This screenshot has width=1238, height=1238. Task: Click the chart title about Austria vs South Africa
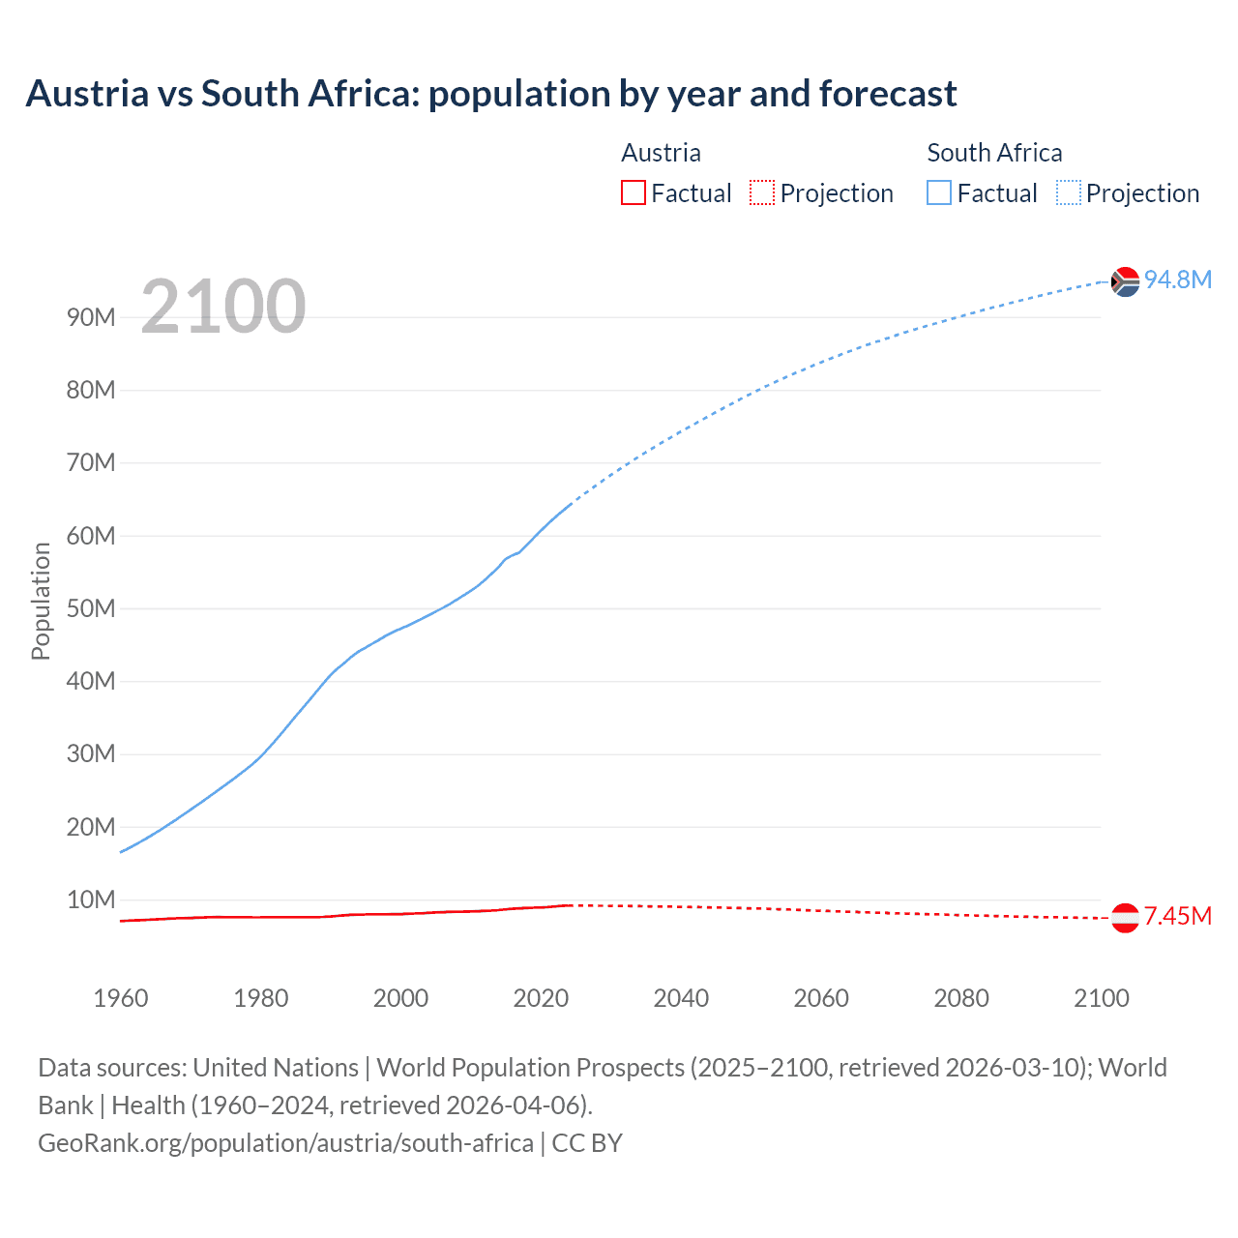pos(491,94)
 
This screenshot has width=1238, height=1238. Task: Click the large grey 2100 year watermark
pos(223,307)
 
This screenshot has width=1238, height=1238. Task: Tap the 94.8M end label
pos(1177,280)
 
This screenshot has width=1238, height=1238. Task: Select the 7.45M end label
pos(1177,916)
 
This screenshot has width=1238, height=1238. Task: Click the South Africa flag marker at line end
pos(1125,281)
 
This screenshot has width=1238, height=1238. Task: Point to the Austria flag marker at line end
pos(1125,918)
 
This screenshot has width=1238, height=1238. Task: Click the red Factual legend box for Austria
pos(633,192)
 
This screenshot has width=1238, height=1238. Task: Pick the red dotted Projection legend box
pos(762,192)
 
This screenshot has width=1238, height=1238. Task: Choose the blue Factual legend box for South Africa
pos(939,192)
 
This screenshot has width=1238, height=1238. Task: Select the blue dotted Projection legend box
pos(1068,192)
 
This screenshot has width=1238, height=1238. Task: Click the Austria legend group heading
pos(661,153)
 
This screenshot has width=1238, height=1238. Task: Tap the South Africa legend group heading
pos(994,153)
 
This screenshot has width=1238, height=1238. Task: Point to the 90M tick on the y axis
pos(91,317)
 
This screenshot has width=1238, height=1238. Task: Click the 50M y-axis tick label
pos(91,608)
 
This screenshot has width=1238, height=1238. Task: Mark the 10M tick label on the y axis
pos(91,899)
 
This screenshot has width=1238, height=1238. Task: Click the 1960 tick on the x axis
pos(121,998)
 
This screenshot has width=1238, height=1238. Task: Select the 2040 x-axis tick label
pos(681,998)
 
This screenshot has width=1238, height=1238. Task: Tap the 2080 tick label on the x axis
pos(961,998)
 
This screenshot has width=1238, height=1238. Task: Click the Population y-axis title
pos(41,601)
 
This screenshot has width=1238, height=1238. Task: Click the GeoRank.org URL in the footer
pos(285,1142)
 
